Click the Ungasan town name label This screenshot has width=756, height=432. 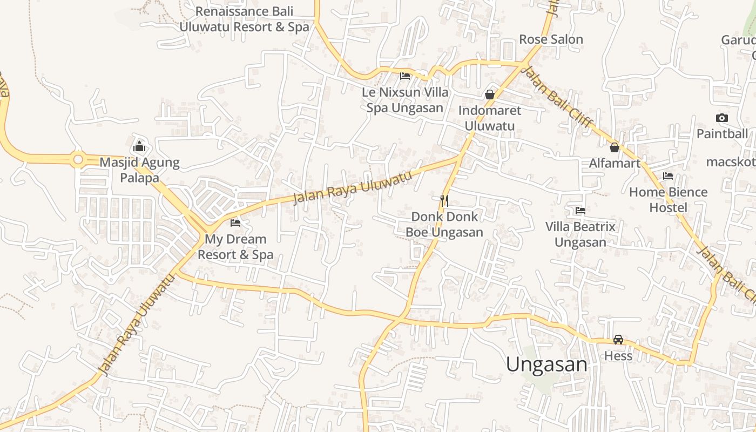pyautogui.click(x=546, y=364)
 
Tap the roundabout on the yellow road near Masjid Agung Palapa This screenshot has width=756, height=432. pyautogui.click(x=78, y=159)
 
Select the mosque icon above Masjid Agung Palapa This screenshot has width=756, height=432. pyautogui.click(x=139, y=146)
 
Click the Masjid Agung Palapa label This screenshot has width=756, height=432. pyautogui.click(x=139, y=170)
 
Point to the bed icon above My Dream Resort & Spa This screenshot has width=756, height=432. pyautogui.click(x=235, y=222)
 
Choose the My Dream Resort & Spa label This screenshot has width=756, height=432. pyautogui.click(x=235, y=247)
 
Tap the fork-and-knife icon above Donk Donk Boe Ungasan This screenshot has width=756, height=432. pyautogui.click(x=444, y=201)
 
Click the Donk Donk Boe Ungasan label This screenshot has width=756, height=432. pyautogui.click(x=444, y=224)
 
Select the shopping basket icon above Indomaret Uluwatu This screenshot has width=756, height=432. pyautogui.click(x=490, y=94)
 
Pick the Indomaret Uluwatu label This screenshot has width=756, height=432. pyautogui.click(x=490, y=118)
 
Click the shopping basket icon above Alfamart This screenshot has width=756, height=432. pyautogui.click(x=615, y=147)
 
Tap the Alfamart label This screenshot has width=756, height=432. pyautogui.click(x=615, y=163)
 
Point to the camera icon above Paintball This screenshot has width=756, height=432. pyautogui.click(x=722, y=118)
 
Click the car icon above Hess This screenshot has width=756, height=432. pyautogui.click(x=618, y=340)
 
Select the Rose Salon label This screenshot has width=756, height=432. pyautogui.click(x=551, y=39)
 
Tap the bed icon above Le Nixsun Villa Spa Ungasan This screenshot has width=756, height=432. pyautogui.click(x=405, y=76)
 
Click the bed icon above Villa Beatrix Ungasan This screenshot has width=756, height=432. pyautogui.click(x=580, y=211)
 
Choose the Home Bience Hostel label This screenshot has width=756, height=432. pyautogui.click(x=668, y=200)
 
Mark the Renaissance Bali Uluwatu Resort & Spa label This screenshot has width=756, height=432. pyautogui.click(x=244, y=19)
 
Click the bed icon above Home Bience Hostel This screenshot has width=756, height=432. pyautogui.click(x=668, y=176)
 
